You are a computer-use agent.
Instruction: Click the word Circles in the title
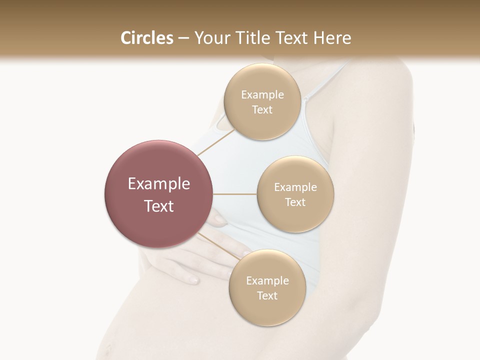coord(146,38)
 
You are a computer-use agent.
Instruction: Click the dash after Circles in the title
coord(183,38)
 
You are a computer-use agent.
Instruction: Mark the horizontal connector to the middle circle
coord(235,194)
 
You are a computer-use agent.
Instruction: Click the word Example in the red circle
coord(159,184)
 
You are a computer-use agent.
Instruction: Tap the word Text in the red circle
coord(159,206)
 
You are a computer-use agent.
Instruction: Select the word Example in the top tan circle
coord(262,95)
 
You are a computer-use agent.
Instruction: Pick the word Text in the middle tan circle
coord(295,202)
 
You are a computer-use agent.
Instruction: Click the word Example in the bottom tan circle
coord(267,281)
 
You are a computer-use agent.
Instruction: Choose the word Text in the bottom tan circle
coord(267,295)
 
